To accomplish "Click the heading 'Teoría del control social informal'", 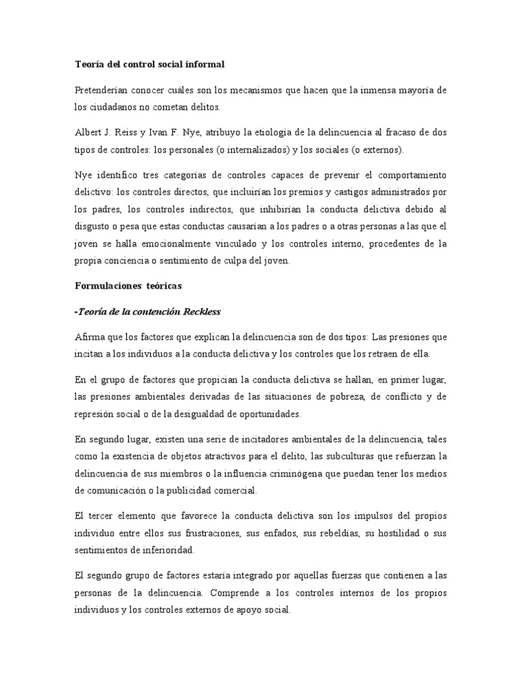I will coord(149,65).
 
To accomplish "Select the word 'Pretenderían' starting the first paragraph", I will coord(101,91).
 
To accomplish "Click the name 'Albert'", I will coord(88,131).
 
